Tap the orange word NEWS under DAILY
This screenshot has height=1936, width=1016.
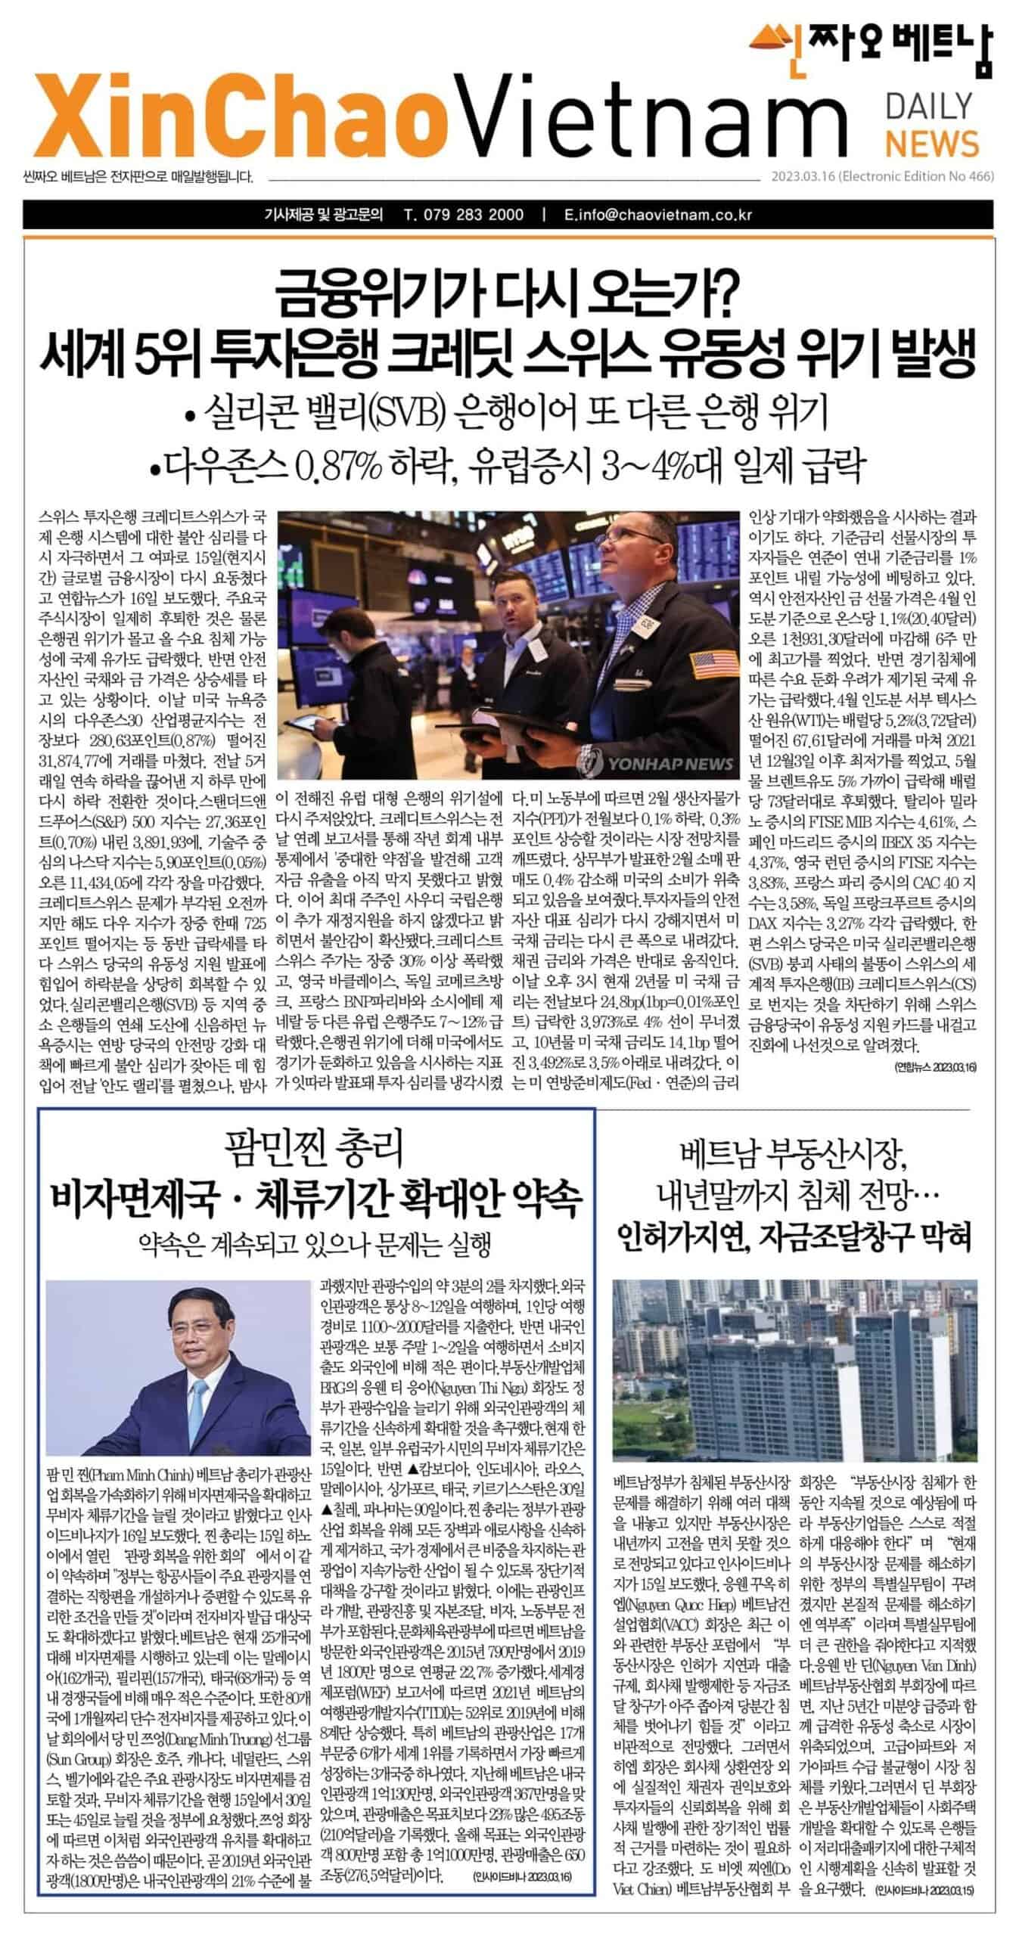pyautogui.click(x=932, y=143)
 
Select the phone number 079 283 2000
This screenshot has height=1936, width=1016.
pyautogui.click(x=464, y=215)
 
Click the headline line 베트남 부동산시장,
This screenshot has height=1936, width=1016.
pyautogui.click(x=794, y=1153)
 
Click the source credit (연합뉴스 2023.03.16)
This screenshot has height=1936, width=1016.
pyautogui.click(x=935, y=1067)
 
